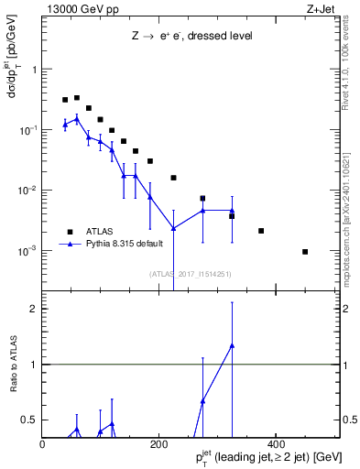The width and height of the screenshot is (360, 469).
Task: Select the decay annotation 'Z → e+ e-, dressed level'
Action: pos(191,36)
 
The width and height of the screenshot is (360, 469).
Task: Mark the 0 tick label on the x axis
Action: pos(43,443)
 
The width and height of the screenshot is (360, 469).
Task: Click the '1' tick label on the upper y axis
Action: pos(35,70)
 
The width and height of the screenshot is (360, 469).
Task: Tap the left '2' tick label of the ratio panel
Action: pos(35,309)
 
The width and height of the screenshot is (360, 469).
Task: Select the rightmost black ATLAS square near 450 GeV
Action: pos(305,252)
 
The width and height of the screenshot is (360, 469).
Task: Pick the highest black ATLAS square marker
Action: pos(77,97)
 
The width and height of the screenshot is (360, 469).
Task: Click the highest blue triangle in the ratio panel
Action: pos(232,345)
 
